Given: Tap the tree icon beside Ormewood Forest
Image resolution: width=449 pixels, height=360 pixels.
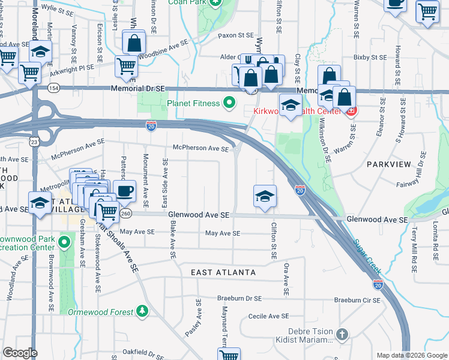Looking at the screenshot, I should [142, 311].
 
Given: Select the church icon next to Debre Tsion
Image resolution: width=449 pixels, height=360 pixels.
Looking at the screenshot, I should [342, 334].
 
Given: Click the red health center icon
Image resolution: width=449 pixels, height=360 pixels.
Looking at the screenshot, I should [352, 111].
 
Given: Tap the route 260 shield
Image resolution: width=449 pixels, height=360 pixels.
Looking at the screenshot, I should [125, 214].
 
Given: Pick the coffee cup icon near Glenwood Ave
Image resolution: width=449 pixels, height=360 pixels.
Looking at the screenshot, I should [124, 191].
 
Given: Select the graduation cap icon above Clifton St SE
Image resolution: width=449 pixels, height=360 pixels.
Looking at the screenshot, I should [265, 196].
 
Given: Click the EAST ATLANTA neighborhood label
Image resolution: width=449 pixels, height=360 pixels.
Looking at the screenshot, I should [223, 272].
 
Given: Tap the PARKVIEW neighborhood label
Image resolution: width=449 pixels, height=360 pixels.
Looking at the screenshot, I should [390, 164].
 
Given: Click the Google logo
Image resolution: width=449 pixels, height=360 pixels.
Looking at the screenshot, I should [20, 353].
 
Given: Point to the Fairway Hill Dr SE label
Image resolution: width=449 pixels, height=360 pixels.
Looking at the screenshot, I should [423, 170].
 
